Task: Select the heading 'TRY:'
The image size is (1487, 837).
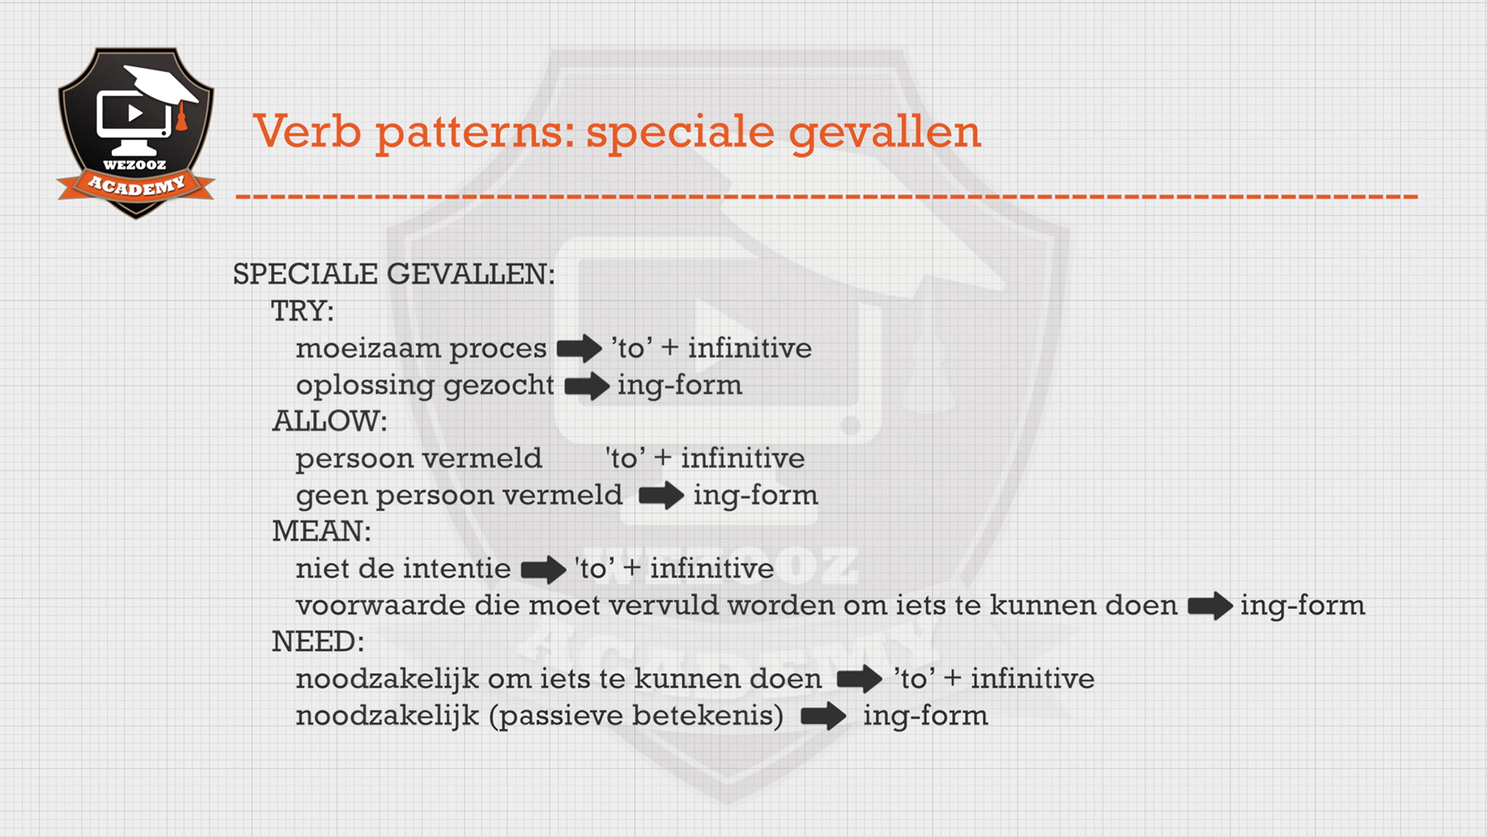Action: [x=302, y=312]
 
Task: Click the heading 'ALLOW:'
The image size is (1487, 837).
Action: [x=330, y=421]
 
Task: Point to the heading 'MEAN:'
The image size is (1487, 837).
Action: [x=321, y=532]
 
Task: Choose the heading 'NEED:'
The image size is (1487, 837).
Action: [x=318, y=642]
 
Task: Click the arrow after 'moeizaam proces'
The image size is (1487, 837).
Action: [x=579, y=348]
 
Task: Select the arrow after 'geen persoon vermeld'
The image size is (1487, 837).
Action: [x=662, y=496]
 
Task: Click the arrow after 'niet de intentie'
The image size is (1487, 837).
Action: [x=543, y=569]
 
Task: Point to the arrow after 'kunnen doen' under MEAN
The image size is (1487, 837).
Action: [x=1210, y=606]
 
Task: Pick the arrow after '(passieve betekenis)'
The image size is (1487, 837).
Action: [x=823, y=716]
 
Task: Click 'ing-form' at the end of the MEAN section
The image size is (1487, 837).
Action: [x=1303, y=606]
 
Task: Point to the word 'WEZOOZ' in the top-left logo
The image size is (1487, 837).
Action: [x=135, y=164]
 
